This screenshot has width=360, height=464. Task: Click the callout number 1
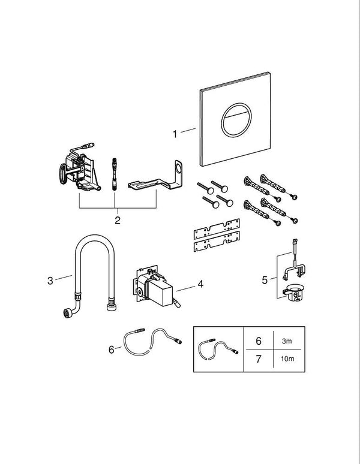pyautogui.click(x=175, y=134)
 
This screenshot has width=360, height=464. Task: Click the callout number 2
pyautogui.click(x=118, y=219)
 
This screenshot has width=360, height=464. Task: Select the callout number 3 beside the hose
pyautogui.click(x=50, y=279)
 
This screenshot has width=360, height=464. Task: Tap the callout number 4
pyautogui.click(x=201, y=284)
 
